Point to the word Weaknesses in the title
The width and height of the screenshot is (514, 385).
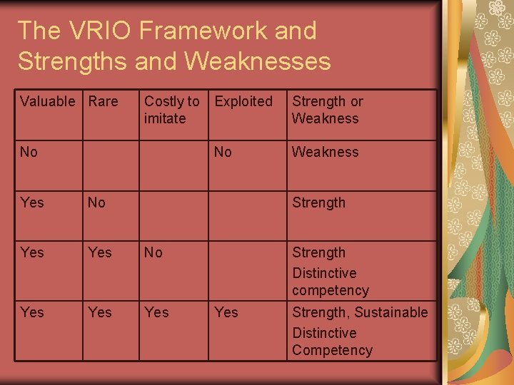coord(257,61)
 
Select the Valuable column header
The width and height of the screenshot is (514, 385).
coord(47,101)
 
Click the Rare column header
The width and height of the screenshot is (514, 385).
coord(103,101)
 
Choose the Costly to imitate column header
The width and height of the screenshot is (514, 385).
coord(171,110)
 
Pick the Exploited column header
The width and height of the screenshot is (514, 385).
coord(243,101)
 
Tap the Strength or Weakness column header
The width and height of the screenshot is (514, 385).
coord(327,110)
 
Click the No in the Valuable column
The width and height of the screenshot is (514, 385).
coord(29,152)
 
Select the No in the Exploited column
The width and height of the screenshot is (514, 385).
coord(223,152)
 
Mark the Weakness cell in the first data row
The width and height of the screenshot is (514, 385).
coord(325,152)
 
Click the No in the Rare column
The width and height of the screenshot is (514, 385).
coord(96,202)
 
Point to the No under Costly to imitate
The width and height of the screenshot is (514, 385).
coord(153,252)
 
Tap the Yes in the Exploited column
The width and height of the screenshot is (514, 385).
coord(226,312)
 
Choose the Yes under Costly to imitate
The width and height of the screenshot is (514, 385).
coord(156,312)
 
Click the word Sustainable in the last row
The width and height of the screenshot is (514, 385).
coord(391,312)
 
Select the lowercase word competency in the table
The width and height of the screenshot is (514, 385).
coord(330,290)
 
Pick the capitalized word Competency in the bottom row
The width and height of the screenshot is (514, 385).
coord(332,350)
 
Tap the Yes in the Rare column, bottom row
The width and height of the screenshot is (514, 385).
coord(99,312)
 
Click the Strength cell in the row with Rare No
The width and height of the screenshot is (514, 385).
coord(318,202)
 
